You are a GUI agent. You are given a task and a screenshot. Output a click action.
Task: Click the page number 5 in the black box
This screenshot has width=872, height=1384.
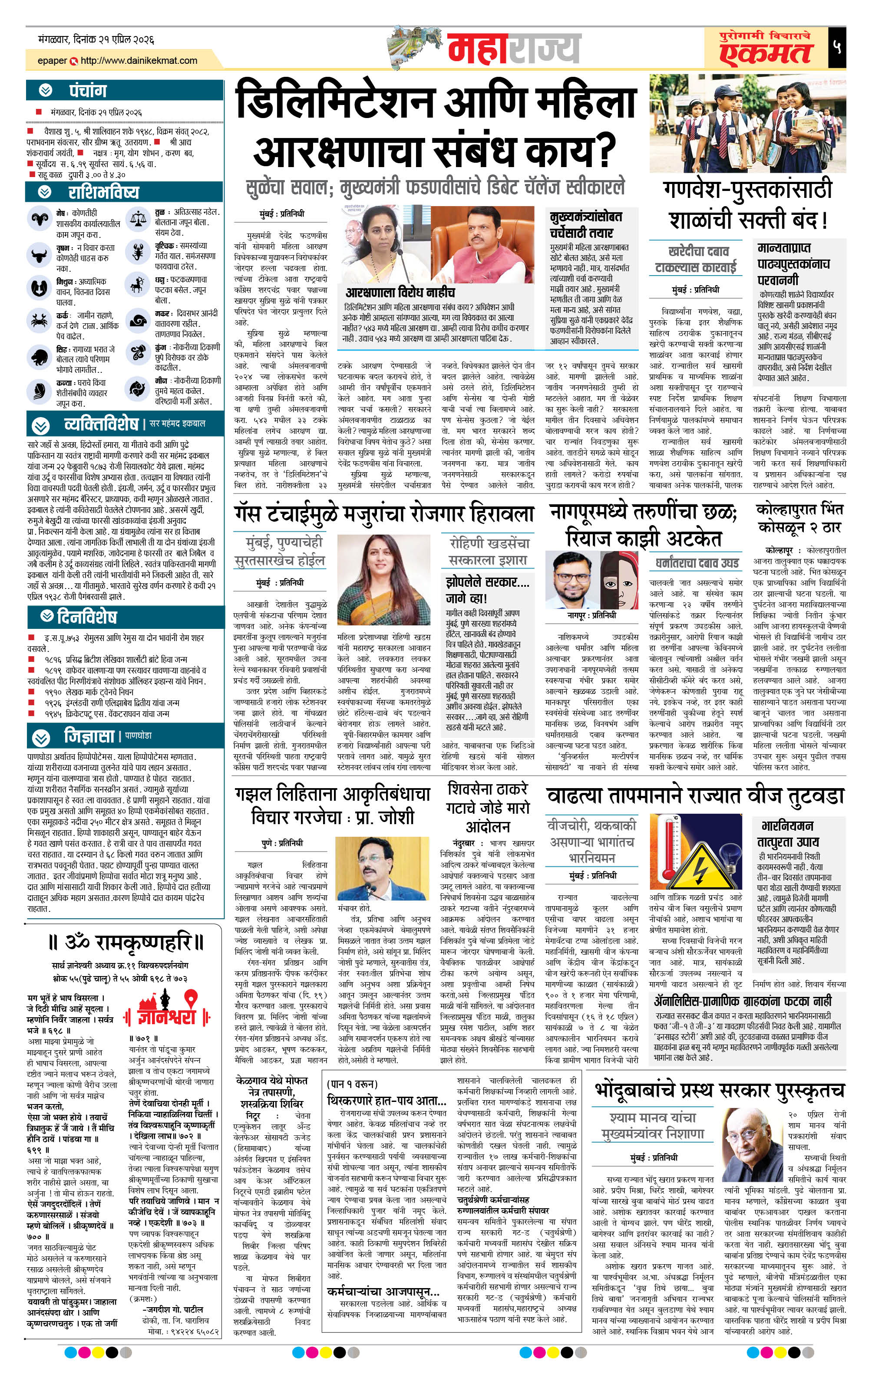point(837,48)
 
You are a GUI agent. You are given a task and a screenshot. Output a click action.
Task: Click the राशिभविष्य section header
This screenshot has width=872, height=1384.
point(103,192)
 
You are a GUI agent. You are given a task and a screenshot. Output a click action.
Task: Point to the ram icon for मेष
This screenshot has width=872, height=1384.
point(39,218)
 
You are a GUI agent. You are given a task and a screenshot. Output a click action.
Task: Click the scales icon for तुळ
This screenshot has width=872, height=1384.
point(138,218)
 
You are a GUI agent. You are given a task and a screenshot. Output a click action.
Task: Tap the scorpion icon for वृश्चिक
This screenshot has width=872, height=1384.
point(138,251)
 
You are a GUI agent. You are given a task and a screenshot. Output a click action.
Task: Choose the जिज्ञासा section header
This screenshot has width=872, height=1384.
point(89,736)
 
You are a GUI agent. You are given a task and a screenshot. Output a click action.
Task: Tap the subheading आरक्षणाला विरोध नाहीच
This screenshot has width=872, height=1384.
point(400,293)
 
